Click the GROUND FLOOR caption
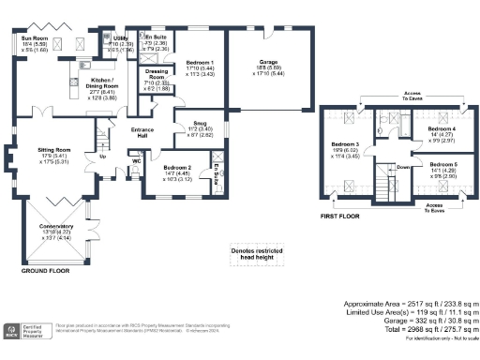pyautogui.click(x=46, y=271)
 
